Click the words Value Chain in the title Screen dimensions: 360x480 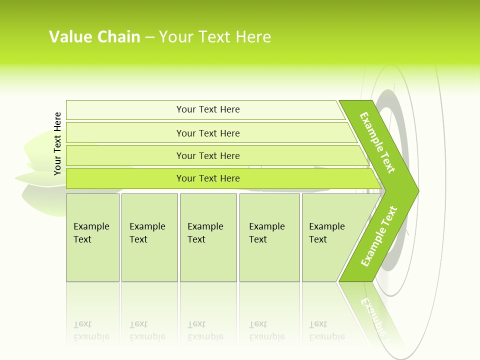coord(94,36)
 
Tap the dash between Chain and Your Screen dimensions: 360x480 coord(149,37)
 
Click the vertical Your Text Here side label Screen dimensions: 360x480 coord(57,143)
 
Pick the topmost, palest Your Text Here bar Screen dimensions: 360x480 coord(207,109)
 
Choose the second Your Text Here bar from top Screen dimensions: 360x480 coord(207,133)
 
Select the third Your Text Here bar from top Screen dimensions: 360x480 coord(207,155)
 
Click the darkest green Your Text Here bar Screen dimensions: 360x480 coord(207,178)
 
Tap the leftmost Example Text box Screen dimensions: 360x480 coord(92,237)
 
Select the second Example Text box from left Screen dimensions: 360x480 coord(149,237)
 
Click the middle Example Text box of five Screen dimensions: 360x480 coord(208,237)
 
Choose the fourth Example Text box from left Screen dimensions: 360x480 coord(269,237)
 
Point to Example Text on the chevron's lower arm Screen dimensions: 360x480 coord(379,236)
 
